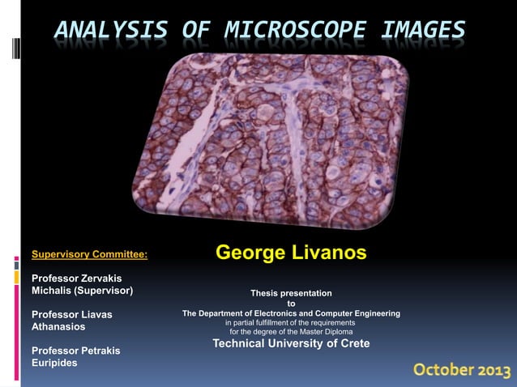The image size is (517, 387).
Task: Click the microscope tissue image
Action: coord(271,134)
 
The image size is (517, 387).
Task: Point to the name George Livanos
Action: coord(291,253)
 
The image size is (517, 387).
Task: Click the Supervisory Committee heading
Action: coord(89,254)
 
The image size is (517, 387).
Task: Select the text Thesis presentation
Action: coord(291,292)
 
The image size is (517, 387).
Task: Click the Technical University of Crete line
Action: coord(291,343)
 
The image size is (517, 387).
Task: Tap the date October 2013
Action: coord(462,370)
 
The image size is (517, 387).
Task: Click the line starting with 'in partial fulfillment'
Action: coord(290,322)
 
